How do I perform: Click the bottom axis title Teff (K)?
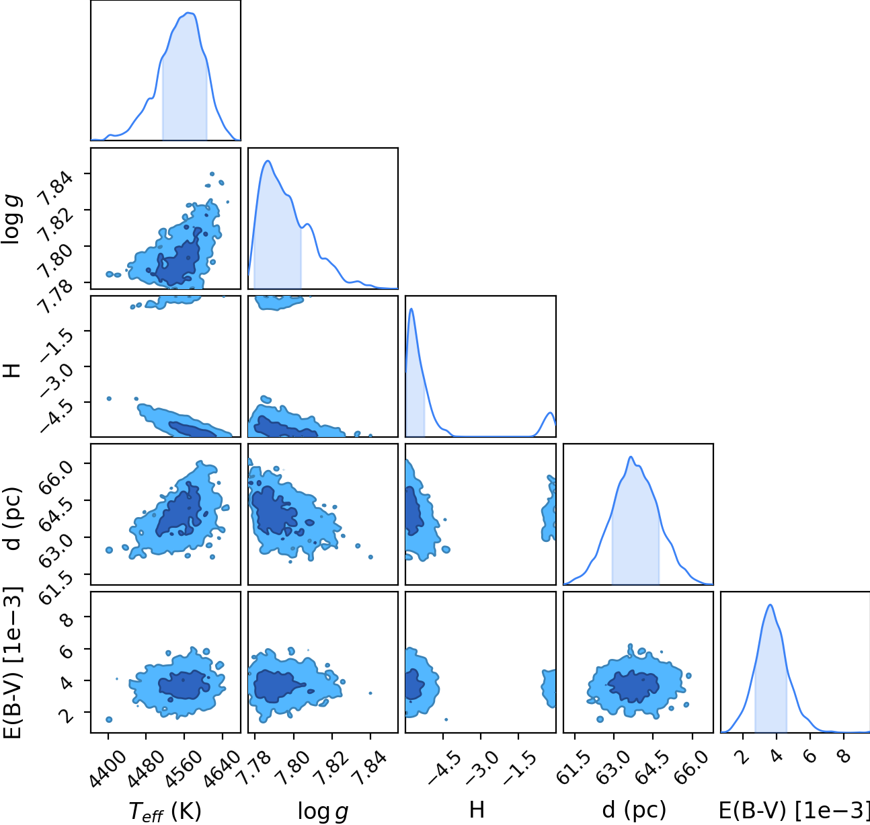point(165,812)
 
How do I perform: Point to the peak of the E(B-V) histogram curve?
point(770,604)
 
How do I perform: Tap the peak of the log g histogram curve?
point(268,161)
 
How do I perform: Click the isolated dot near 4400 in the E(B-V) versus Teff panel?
point(109,719)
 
